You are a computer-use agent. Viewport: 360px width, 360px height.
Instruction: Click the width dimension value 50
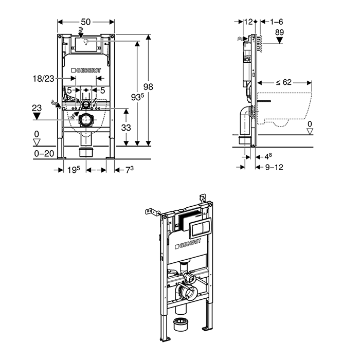(86, 22)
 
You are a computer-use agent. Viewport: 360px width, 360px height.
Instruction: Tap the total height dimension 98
(149, 87)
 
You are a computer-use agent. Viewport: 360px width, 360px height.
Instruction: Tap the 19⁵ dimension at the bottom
(74, 169)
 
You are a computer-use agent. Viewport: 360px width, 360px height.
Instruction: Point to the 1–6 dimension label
(277, 22)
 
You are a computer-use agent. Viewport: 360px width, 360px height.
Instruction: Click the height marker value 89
(280, 32)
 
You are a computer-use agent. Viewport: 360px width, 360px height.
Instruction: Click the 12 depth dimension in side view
(249, 22)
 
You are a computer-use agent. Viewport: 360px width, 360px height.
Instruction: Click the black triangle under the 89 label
(280, 41)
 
